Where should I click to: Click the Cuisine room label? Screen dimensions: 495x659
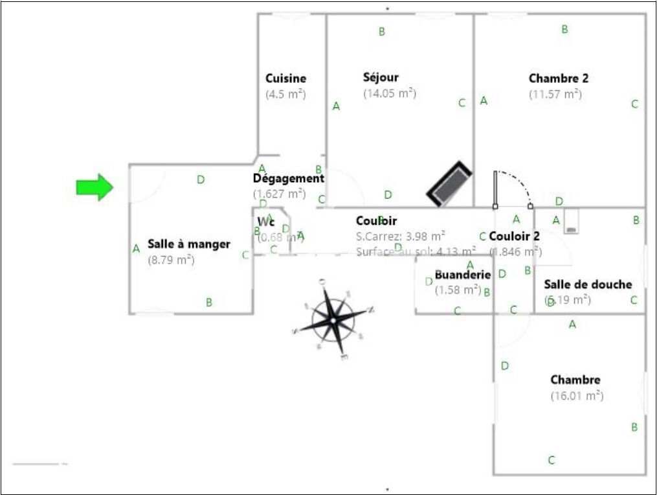coord(285,78)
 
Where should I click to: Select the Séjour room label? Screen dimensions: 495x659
coord(381,77)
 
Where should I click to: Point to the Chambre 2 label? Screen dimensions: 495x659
coord(558,78)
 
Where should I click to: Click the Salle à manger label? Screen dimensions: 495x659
coord(188,244)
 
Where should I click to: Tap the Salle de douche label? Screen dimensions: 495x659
coord(587,284)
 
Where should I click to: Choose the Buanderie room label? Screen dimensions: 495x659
coord(462,275)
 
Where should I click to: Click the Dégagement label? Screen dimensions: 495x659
coord(288,178)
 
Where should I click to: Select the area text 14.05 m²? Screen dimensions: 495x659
coord(389,93)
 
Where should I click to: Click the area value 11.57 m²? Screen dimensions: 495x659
coord(555,94)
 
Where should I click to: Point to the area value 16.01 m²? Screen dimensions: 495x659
coord(577,395)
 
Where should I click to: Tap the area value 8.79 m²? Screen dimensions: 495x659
coord(171,260)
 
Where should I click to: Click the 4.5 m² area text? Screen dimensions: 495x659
coord(285,94)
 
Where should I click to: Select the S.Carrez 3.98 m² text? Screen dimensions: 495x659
coord(400,235)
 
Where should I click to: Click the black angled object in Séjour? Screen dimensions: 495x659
coord(449,184)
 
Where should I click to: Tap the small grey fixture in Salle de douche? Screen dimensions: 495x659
coord(572,222)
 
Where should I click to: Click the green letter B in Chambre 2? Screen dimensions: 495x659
coord(564,29)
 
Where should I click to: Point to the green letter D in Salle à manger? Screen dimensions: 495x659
coord(201,179)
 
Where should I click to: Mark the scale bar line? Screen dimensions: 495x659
coord(36,464)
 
